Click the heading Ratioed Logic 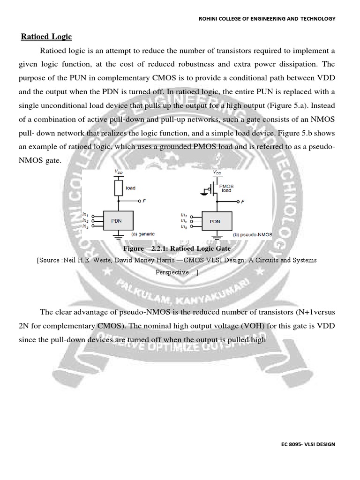pyautogui.click(x=45, y=37)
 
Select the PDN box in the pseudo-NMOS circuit pyautogui.click(x=216, y=220)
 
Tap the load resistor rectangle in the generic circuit pyautogui.click(x=118, y=188)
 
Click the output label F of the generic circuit pyautogui.click(x=144, y=201)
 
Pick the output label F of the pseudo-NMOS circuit pyautogui.click(x=243, y=202)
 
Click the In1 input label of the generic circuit pyautogui.click(x=85, y=215)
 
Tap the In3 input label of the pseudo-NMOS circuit pyautogui.click(x=184, y=226)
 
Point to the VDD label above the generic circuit pyautogui.click(x=118, y=172)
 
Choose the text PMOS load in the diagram pyautogui.click(x=228, y=188)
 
